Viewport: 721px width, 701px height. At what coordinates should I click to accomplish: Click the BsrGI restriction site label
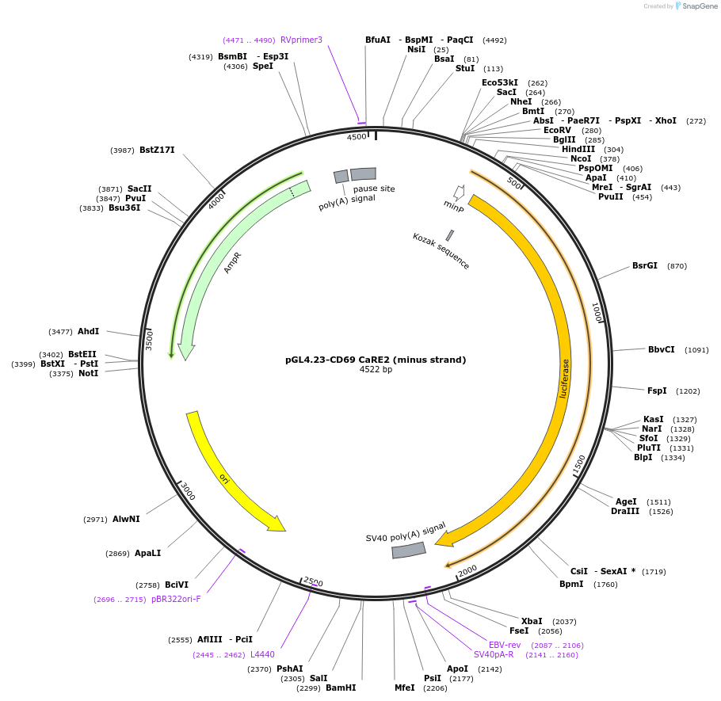(x=644, y=266)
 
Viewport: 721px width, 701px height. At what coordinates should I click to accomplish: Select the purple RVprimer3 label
(x=301, y=40)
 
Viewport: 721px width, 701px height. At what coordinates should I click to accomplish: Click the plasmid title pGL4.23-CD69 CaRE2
(x=376, y=360)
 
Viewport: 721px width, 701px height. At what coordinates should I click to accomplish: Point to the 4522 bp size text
(x=376, y=370)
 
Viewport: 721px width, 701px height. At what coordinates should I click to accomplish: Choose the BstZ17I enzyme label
(x=157, y=150)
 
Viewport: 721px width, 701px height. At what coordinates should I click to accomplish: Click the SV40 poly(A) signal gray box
(x=409, y=549)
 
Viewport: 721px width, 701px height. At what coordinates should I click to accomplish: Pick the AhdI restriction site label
(x=88, y=331)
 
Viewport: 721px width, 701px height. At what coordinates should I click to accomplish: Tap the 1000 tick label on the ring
(x=597, y=312)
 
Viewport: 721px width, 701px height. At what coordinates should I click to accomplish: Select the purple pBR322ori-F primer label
(x=176, y=599)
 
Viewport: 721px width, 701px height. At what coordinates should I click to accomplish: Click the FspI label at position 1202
(x=657, y=391)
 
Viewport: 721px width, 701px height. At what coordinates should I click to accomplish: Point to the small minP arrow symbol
(x=458, y=192)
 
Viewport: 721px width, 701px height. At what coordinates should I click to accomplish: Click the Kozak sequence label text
(x=441, y=251)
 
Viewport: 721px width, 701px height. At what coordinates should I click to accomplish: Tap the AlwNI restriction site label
(x=126, y=519)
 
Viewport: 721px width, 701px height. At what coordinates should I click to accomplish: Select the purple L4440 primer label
(x=262, y=654)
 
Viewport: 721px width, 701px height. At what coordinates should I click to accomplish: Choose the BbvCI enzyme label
(x=662, y=349)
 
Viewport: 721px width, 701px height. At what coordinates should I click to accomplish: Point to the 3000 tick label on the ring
(x=187, y=491)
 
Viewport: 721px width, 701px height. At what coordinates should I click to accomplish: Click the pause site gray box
(x=363, y=173)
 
